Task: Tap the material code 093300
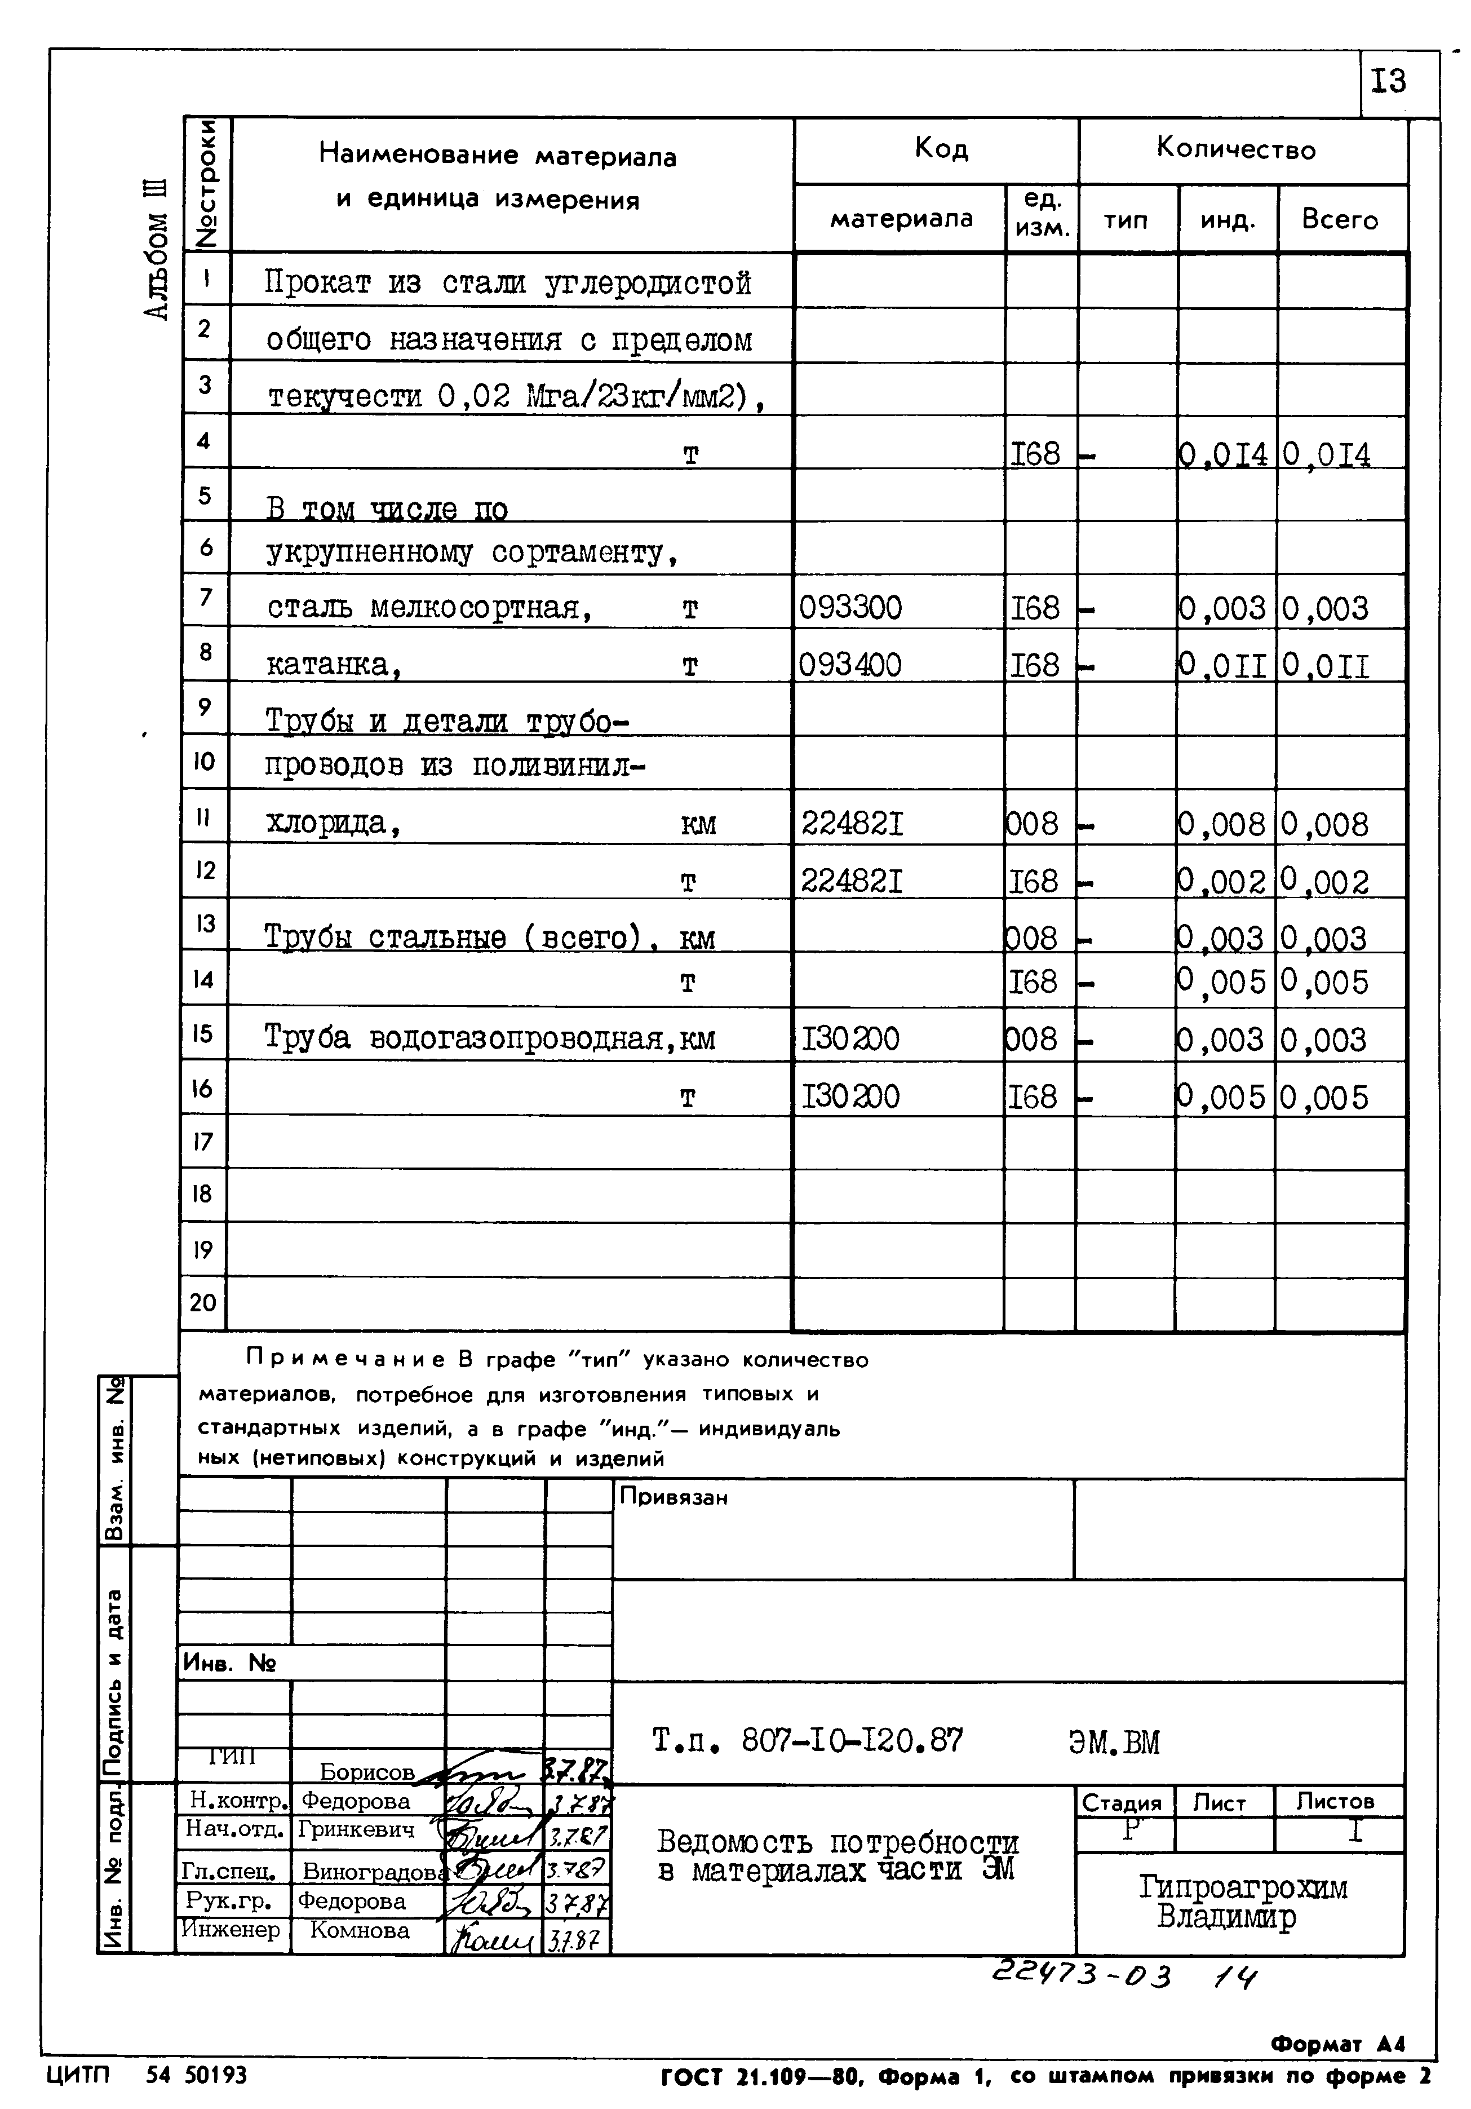tap(850, 608)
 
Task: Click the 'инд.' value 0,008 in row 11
tap(1222, 824)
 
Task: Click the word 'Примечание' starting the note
tap(345, 1359)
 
